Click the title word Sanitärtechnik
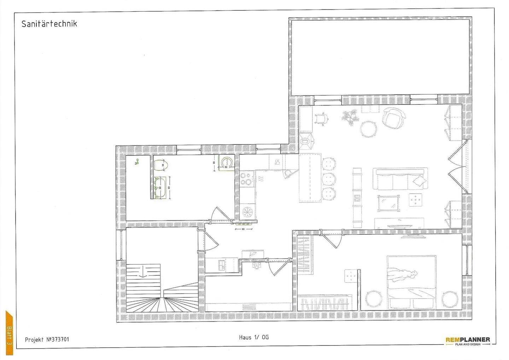[49, 24]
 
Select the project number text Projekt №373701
[47, 340]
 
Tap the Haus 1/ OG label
[253, 337]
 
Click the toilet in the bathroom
[161, 165]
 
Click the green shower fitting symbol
[136, 163]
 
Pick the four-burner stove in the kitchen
[247, 179]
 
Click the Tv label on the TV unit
[400, 220]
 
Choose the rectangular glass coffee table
[389, 203]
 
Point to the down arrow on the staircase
[143, 273]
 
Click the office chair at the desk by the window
[321, 119]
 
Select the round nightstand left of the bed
[373, 299]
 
